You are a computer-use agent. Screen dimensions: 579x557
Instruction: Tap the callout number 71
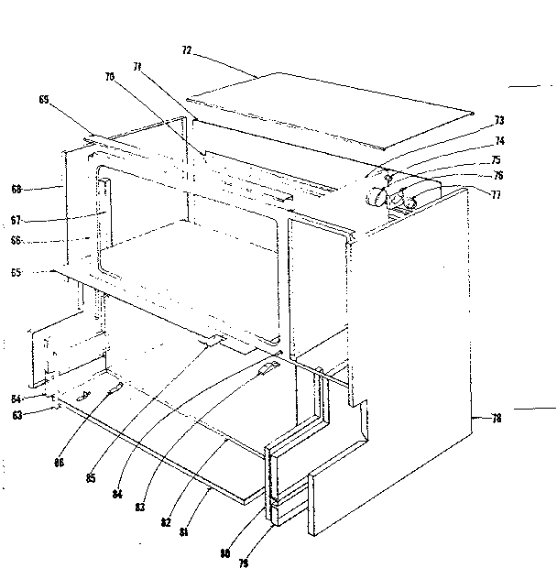click(x=138, y=67)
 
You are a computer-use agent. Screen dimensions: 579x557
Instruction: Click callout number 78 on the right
click(x=496, y=419)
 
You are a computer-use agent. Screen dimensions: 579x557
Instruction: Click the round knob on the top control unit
click(x=376, y=193)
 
